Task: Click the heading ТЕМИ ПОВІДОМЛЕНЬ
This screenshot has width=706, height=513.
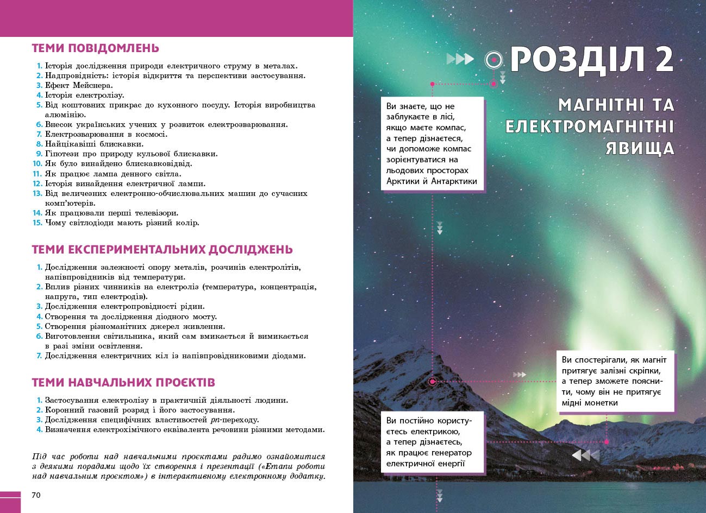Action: (95, 48)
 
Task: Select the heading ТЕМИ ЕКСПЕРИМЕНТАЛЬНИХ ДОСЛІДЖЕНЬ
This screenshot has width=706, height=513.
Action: (162, 250)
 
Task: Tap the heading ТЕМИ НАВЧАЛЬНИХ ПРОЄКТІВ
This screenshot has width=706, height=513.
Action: (123, 383)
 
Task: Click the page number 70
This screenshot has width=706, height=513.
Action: (36, 495)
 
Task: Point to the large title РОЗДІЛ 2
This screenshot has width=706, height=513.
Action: (591, 60)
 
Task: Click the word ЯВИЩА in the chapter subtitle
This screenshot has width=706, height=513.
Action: (640, 148)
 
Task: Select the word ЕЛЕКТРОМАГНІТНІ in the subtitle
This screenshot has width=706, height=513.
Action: (590, 127)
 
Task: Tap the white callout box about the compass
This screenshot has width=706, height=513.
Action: (432, 144)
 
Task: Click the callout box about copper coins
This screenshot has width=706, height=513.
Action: (615, 381)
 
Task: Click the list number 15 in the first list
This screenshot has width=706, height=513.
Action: (37, 223)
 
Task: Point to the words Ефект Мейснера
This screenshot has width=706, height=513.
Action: (79, 85)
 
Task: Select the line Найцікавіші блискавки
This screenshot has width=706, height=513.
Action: (94, 144)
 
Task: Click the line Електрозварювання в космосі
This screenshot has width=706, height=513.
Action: (106, 134)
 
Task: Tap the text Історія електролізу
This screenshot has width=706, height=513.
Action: (84, 95)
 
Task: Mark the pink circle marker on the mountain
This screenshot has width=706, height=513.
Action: (432, 382)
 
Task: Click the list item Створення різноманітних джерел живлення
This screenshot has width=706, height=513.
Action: (135, 326)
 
